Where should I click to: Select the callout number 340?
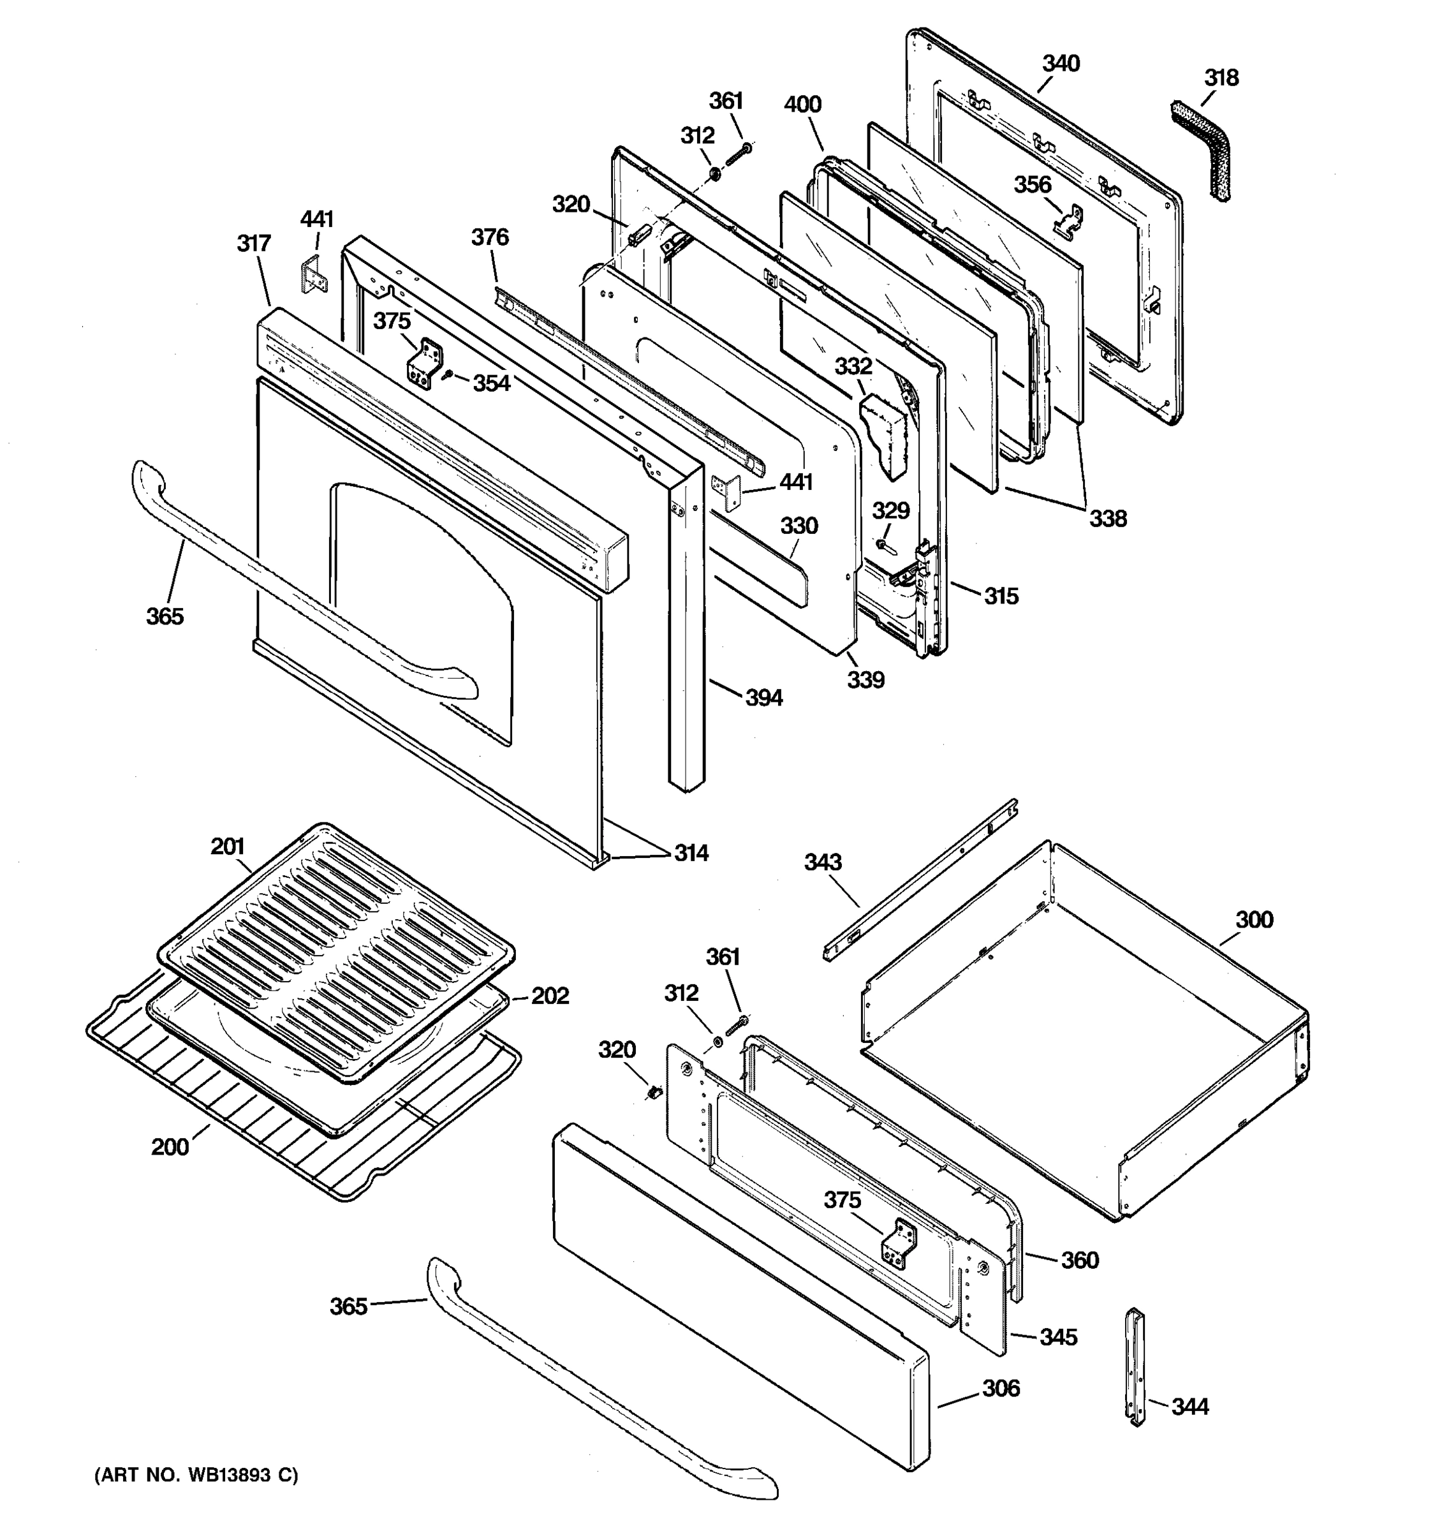(x=1061, y=63)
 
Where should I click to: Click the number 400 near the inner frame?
(x=802, y=104)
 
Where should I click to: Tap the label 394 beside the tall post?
(x=763, y=698)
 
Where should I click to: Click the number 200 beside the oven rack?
(x=170, y=1148)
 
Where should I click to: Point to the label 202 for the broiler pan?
(x=550, y=996)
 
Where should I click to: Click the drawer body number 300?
(x=1254, y=919)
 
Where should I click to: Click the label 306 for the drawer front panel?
(x=1001, y=1389)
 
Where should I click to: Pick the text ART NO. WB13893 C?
(x=196, y=1476)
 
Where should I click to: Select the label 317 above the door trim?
(x=253, y=243)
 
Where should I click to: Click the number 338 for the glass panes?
(x=1107, y=518)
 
